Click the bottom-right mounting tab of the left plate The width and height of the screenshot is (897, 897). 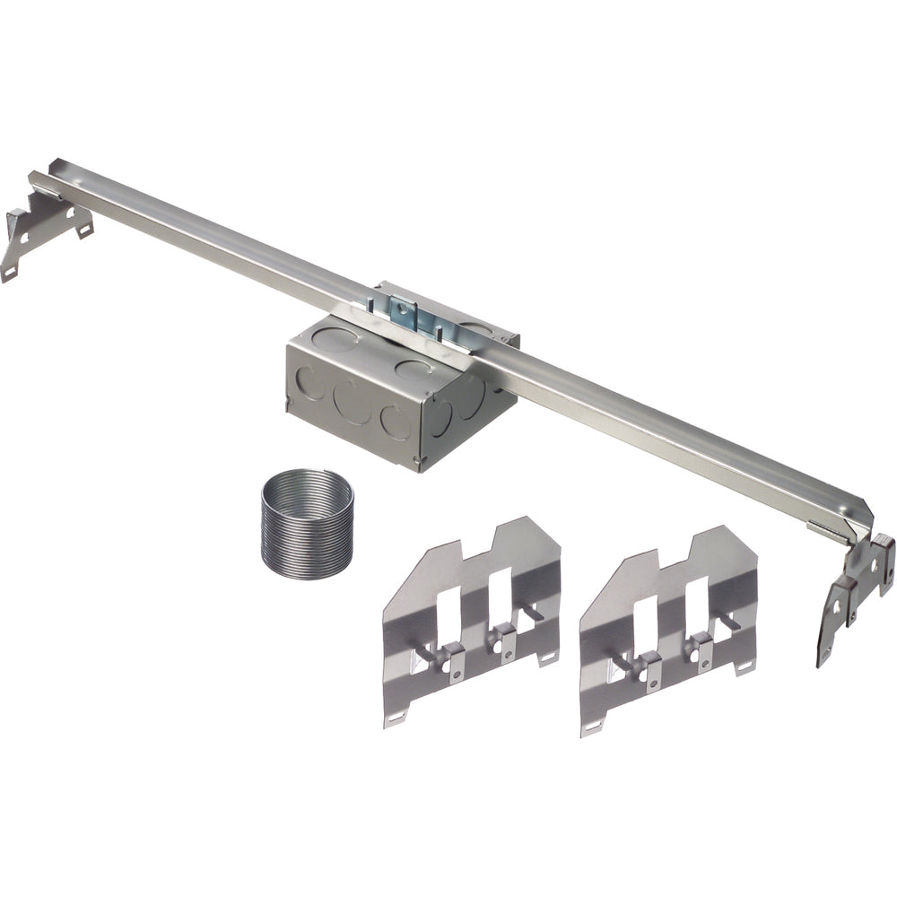tap(548, 658)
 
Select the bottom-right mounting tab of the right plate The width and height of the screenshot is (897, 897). tap(745, 668)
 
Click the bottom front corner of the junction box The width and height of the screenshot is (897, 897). tap(418, 466)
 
